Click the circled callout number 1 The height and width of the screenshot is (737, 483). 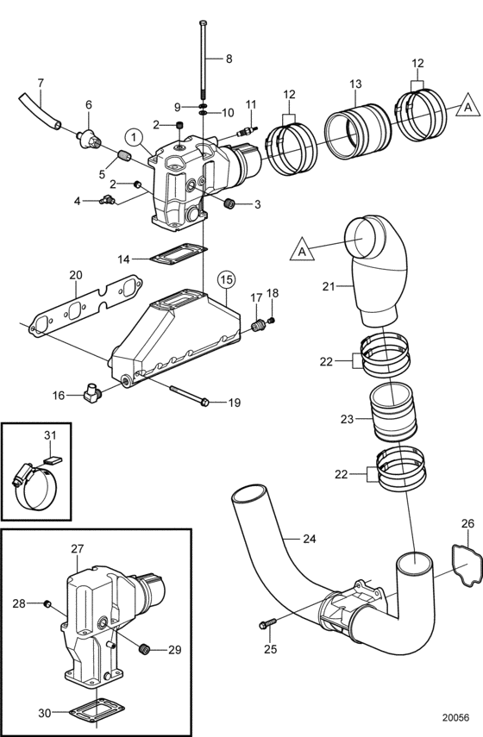click(135, 138)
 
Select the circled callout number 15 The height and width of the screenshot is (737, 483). click(226, 279)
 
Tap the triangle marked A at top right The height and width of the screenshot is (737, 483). click(468, 107)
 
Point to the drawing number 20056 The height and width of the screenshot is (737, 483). click(455, 717)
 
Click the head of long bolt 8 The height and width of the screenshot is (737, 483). click(204, 22)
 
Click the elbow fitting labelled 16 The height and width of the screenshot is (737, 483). click(93, 392)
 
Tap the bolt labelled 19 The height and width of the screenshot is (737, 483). click(189, 396)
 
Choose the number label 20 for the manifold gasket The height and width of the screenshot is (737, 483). click(76, 275)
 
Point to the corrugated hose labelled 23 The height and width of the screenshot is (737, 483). click(393, 411)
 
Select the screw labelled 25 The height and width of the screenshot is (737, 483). click(268, 624)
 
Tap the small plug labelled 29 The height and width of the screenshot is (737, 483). click(145, 650)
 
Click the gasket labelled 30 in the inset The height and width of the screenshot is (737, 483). click(97, 713)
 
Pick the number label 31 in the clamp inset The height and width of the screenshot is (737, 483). click(50, 435)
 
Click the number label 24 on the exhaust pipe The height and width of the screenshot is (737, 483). click(309, 538)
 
